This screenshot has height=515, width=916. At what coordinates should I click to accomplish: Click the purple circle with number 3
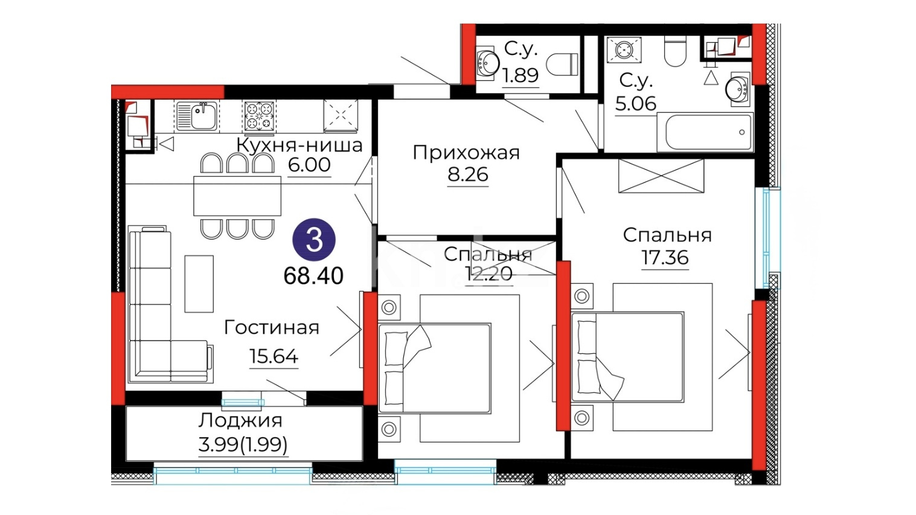coord(313,240)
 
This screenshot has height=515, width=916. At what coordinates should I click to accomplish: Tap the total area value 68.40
coord(313,277)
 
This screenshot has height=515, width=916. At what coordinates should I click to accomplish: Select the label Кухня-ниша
coord(299,145)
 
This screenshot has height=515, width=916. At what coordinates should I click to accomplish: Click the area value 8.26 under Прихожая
coord(468,174)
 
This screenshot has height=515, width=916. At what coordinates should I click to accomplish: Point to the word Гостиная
coord(272,328)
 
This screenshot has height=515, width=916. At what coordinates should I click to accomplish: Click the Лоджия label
coord(240,421)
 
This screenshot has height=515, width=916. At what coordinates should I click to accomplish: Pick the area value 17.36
coord(665,257)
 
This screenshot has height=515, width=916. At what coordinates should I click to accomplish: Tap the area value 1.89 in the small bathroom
coord(520,75)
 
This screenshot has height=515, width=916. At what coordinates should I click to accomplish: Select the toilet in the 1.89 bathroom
coord(562,65)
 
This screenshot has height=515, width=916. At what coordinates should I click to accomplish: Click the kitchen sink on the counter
coord(197,115)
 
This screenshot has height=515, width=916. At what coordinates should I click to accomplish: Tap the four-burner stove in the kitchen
coord(259,117)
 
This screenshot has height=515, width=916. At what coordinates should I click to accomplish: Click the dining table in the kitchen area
coord(237,196)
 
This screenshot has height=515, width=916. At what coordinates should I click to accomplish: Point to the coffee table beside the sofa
coord(199,284)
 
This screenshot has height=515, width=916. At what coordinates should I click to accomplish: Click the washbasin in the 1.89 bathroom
coord(487,63)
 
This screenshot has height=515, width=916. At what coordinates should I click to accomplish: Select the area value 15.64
coord(274,356)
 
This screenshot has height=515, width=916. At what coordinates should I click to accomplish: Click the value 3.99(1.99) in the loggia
coord(243,444)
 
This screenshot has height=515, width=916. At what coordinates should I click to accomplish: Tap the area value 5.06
coord(635,104)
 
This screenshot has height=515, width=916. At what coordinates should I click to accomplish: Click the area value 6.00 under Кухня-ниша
coord(309,165)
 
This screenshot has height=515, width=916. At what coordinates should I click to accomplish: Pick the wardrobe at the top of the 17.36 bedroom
coord(661,176)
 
